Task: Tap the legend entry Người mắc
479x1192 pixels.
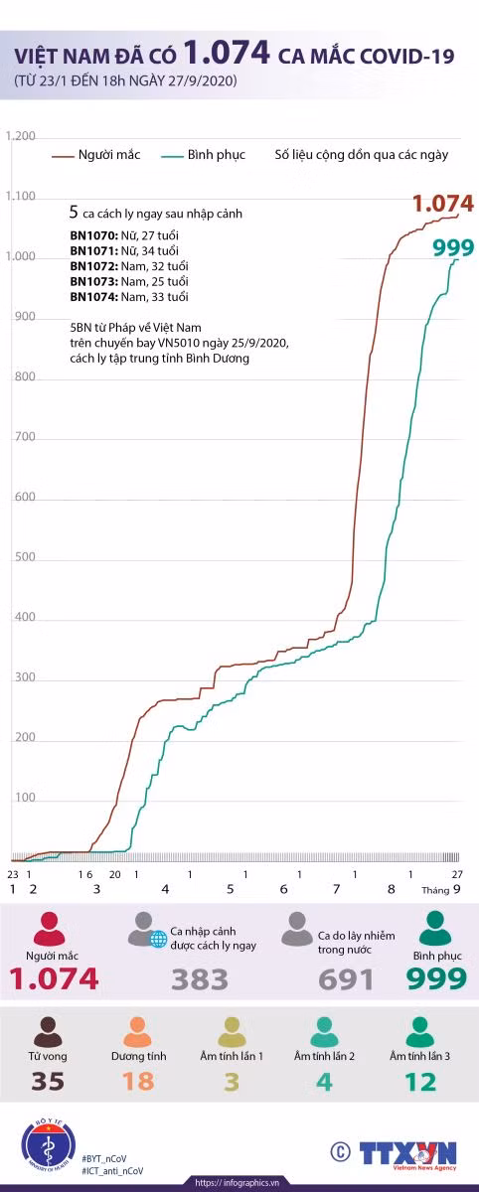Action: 95,155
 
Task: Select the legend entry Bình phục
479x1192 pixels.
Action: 204,155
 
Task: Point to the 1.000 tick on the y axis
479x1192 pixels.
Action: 20,256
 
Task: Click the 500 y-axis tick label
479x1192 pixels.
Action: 25,556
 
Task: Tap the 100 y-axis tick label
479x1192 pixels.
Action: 25,797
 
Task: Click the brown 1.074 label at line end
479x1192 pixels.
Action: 443,204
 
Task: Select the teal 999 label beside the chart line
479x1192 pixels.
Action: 453,247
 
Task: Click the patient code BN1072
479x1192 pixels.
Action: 93,266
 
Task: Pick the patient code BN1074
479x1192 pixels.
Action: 93,297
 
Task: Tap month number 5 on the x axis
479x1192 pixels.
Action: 230,889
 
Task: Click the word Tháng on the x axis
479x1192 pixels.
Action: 435,890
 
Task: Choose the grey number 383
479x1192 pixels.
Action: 200,979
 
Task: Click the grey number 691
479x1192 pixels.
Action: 346,979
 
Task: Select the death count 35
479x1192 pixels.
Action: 48,1082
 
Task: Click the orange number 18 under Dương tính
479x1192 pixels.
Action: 138,1082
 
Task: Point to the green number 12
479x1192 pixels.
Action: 420,1082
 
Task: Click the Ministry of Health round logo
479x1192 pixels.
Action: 49,1145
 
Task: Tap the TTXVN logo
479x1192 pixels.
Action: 408,1154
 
